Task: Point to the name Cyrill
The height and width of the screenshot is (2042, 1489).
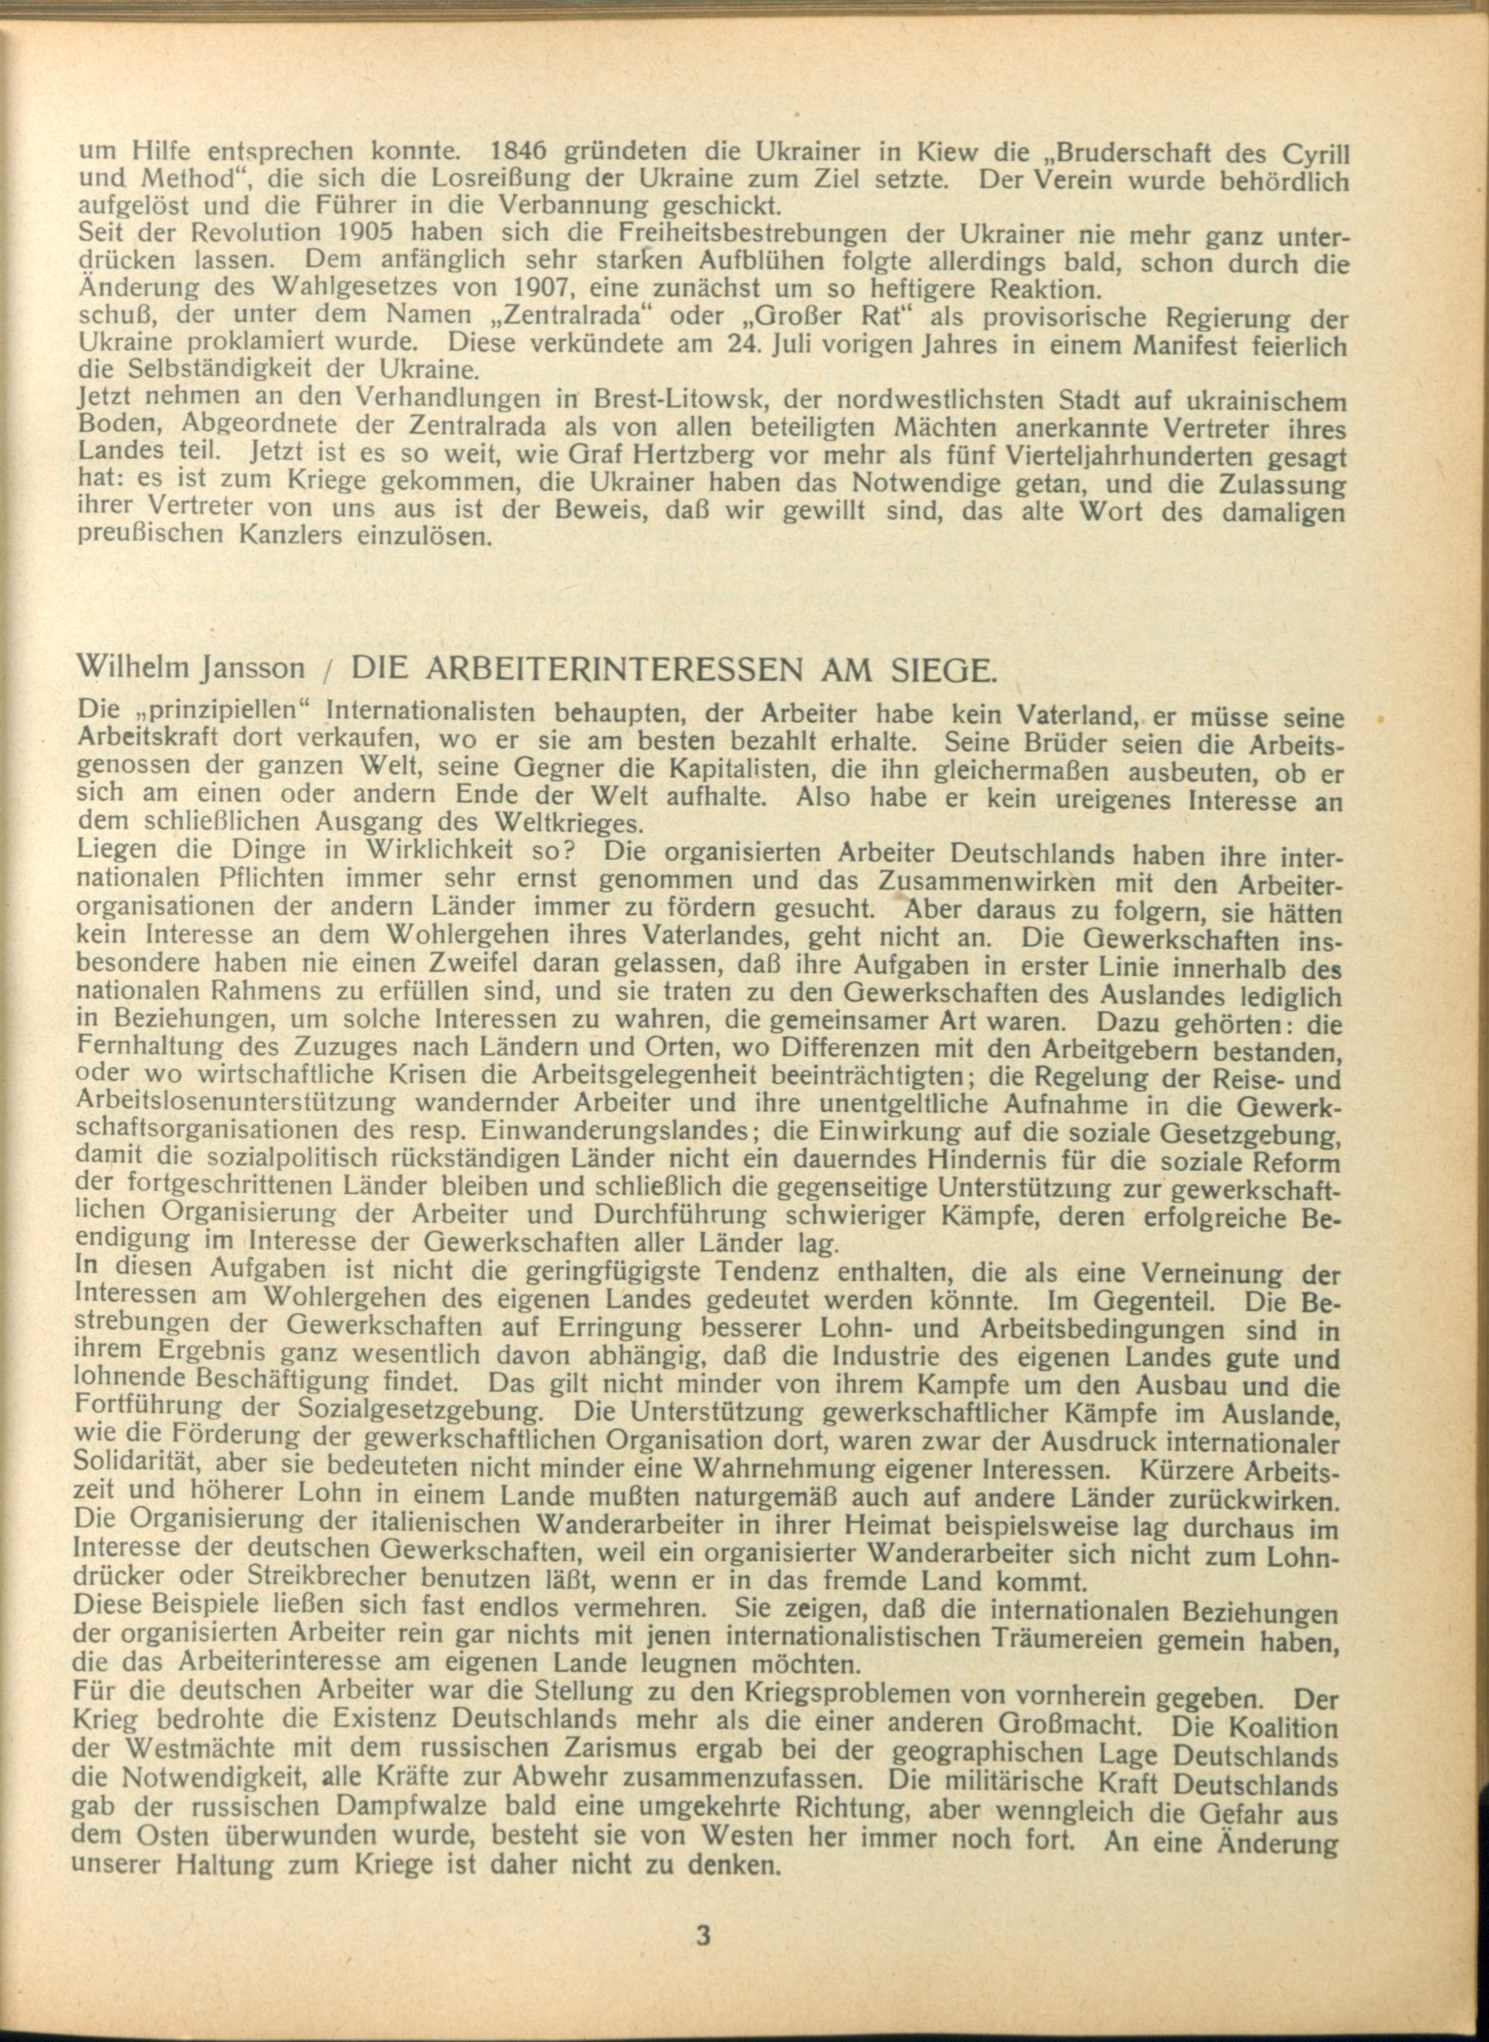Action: [1308, 153]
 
